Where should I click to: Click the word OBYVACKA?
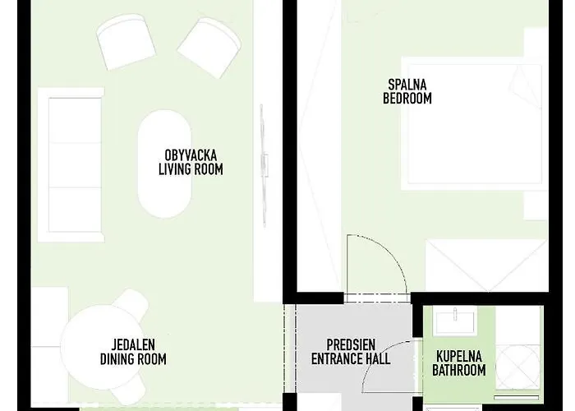pos(191,155)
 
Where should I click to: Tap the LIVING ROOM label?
pos(191,169)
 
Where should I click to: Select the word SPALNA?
pos(407,85)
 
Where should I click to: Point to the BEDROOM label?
pos(407,99)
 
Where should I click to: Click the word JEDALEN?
pos(133,345)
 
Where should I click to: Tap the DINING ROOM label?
pos(133,359)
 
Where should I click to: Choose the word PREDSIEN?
pos(351,345)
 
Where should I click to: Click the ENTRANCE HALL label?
pos(351,358)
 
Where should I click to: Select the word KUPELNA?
pos(458,356)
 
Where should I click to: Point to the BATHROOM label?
pos(458,370)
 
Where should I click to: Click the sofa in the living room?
pos(71,164)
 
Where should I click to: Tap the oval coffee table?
pos(164,164)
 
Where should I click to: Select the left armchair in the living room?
pos(126,42)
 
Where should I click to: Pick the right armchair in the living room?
pos(209,48)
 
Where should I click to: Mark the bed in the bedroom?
pos(475,123)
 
